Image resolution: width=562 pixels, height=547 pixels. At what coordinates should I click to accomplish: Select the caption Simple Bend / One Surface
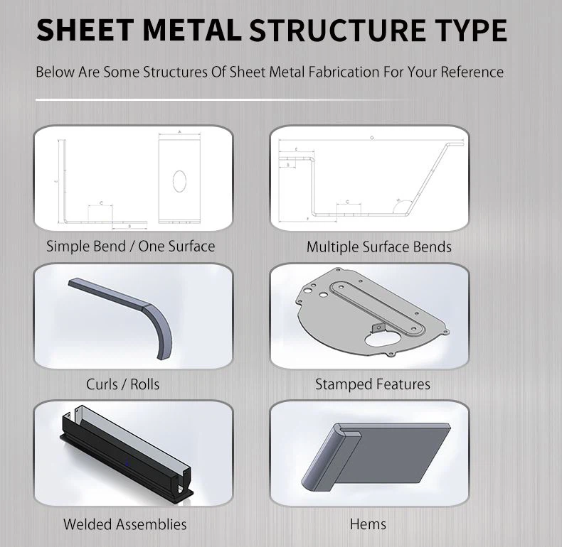130,247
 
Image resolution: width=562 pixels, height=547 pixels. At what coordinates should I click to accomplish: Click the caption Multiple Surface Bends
378,247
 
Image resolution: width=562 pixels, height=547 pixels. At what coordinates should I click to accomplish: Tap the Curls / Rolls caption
122,384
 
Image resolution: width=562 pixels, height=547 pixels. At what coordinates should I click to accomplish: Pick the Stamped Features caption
372,384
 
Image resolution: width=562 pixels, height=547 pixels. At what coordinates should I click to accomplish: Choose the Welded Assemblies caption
124,524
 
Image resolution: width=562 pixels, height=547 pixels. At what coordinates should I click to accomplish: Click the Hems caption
368,524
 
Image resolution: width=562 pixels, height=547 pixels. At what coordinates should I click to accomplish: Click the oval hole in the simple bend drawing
179,180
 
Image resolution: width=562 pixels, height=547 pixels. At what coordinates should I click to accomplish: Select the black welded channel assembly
121,448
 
